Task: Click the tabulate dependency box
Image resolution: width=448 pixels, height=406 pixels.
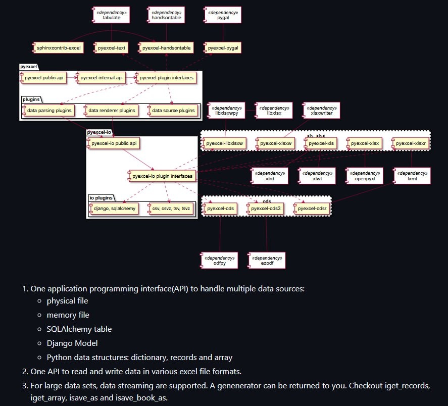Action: coord(111,15)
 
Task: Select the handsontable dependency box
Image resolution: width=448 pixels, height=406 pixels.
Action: coord(166,15)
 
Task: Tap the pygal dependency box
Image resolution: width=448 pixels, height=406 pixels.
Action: coord(223,15)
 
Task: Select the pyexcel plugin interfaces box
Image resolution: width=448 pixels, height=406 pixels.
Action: coord(165,78)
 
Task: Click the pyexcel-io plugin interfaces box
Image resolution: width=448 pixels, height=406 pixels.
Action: coord(161,176)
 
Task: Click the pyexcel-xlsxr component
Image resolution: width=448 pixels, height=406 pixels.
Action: coord(412,143)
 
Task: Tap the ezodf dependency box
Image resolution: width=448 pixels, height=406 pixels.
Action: coord(266,260)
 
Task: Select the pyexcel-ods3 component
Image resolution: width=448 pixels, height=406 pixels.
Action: coord(266,208)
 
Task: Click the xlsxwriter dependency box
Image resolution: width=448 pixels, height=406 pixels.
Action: coord(321,111)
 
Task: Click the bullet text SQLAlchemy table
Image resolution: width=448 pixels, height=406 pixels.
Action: coord(79,329)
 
